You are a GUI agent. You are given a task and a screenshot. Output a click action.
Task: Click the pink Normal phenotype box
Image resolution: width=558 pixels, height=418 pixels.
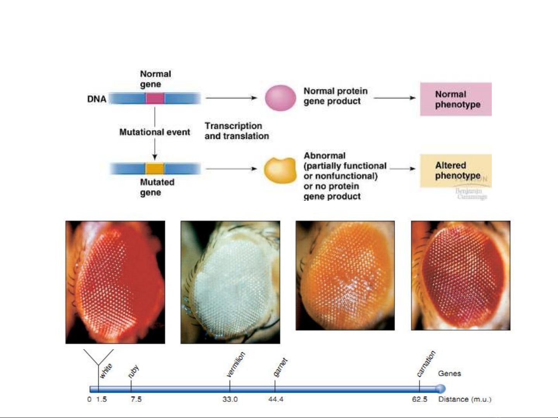(x=456, y=99)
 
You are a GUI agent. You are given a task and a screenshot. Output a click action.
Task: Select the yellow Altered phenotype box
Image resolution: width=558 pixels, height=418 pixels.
(x=456, y=171)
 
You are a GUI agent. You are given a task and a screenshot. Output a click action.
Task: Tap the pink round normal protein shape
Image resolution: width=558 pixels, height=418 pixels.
(x=280, y=98)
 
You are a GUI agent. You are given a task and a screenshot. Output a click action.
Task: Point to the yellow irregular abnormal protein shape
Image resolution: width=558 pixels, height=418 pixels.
(x=280, y=170)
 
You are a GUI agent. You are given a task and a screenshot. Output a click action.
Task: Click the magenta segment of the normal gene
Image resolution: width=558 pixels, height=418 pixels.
(x=155, y=98)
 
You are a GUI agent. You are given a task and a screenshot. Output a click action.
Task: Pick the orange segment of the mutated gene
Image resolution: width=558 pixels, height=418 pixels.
(x=155, y=169)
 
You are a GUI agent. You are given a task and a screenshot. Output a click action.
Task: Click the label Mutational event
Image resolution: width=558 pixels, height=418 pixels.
(x=155, y=132)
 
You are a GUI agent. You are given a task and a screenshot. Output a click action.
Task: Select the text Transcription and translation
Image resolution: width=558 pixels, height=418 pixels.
(x=237, y=131)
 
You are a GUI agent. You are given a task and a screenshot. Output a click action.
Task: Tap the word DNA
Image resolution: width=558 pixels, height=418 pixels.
(x=96, y=99)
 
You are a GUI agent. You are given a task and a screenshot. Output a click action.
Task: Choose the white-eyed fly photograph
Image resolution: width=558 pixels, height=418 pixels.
(x=230, y=282)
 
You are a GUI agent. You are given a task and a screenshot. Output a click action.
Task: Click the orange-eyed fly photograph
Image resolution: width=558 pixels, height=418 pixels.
(x=345, y=275)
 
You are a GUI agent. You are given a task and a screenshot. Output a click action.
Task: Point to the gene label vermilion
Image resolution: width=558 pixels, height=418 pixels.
(x=235, y=364)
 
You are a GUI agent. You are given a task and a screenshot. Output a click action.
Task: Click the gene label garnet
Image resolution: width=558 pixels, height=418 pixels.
(x=280, y=367)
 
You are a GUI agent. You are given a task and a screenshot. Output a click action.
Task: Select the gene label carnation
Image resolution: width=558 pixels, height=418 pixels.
(x=426, y=363)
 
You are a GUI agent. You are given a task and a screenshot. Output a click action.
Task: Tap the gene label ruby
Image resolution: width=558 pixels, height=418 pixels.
(x=133, y=371)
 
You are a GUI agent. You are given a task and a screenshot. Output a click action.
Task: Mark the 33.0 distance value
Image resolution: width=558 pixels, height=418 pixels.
(x=230, y=399)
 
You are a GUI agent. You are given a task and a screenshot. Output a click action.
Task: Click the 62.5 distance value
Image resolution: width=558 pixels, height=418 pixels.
(x=419, y=399)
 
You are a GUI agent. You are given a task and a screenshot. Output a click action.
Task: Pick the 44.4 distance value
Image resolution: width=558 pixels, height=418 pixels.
(x=276, y=399)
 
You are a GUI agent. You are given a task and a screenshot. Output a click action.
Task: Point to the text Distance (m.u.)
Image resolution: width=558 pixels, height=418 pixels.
(x=465, y=399)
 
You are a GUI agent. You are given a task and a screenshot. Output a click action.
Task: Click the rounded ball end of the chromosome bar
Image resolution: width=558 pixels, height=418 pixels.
(x=440, y=389)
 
